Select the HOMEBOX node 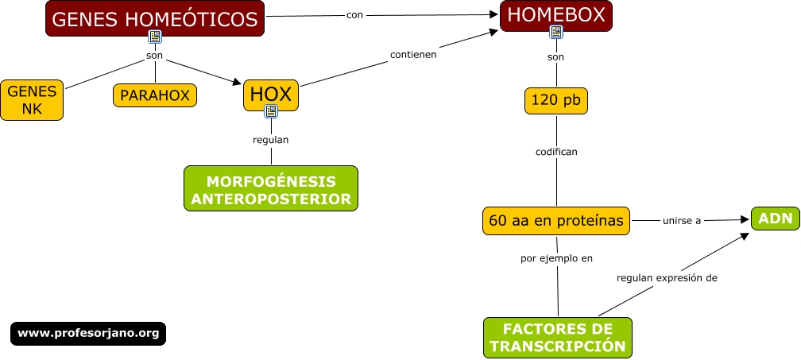(x=556, y=14)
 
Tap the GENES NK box (x=32, y=100)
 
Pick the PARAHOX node (x=155, y=95)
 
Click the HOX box (x=270, y=94)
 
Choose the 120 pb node (x=556, y=101)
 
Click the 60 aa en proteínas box (x=556, y=221)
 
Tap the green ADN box (x=775, y=219)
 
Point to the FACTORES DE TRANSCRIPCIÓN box (x=558, y=338)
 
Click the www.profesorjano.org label (x=88, y=333)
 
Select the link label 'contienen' (x=413, y=55)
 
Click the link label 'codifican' (x=556, y=150)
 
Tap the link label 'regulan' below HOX (x=270, y=140)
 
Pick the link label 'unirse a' (x=682, y=221)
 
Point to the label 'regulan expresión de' (x=667, y=278)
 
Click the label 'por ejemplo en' (x=556, y=257)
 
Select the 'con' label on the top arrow (x=355, y=14)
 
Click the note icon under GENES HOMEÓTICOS (x=155, y=37)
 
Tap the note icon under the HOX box (x=271, y=111)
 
